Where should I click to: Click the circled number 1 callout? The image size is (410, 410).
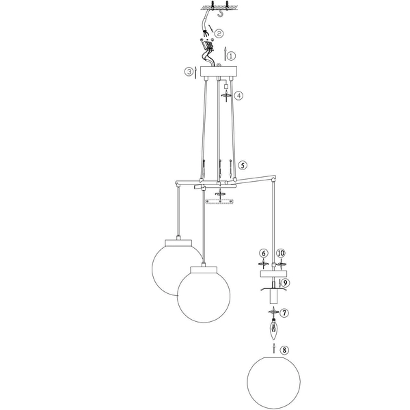pyautogui.click(x=231, y=55)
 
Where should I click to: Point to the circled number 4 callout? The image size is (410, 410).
pyautogui.click(x=238, y=96)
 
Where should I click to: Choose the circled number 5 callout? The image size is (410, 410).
pyautogui.click(x=243, y=165)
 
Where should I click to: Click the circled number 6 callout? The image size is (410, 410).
pyautogui.click(x=263, y=254)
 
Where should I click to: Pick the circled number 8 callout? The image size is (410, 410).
pyautogui.click(x=285, y=350)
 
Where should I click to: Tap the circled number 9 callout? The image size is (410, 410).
pyautogui.click(x=286, y=282)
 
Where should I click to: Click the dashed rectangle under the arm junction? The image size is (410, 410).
pyautogui.click(x=220, y=202)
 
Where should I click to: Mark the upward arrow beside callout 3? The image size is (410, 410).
pyautogui.click(x=195, y=71)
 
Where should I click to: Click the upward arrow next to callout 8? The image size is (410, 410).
pyautogui.click(x=275, y=350)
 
